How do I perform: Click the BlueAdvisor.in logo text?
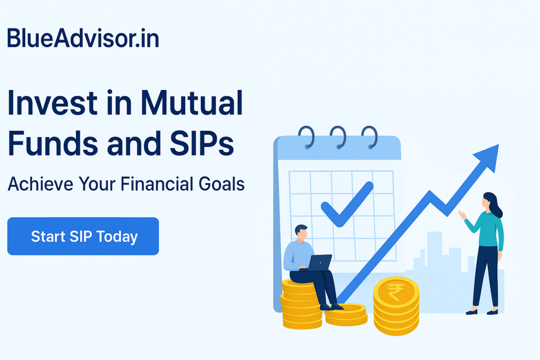[x=83, y=38]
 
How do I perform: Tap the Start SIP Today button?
[x=83, y=236]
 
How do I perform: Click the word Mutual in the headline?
[x=191, y=103]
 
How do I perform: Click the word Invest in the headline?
[x=52, y=103]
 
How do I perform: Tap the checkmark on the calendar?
[x=347, y=204]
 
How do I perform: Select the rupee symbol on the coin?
[x=396, y=292]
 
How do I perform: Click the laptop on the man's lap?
[x=320, y=263]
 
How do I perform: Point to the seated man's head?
[x=301, y=233]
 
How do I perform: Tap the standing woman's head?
[x=489, y=201]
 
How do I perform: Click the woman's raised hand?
[x=462, y=215]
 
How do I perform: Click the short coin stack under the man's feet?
[x=346, y=314]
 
